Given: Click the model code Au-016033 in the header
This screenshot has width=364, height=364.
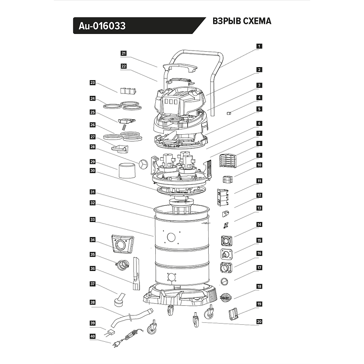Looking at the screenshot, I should pos(99,26).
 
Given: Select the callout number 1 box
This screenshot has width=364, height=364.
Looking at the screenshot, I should pos(259,46).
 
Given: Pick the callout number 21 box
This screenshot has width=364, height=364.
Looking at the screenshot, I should pos(124,53).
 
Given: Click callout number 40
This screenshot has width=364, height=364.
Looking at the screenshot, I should pos(93,336).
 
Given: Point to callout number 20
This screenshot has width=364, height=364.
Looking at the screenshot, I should pos(259,322).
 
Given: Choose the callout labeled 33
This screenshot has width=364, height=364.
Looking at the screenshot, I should pos(93,220).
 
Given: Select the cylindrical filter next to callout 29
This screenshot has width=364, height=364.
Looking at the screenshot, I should pos(128,169).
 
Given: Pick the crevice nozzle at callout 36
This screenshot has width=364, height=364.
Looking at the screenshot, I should pos(135,275).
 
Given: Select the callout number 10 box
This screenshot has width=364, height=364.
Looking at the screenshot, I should pos(259,165).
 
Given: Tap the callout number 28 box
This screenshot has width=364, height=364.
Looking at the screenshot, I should pos(93,147).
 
